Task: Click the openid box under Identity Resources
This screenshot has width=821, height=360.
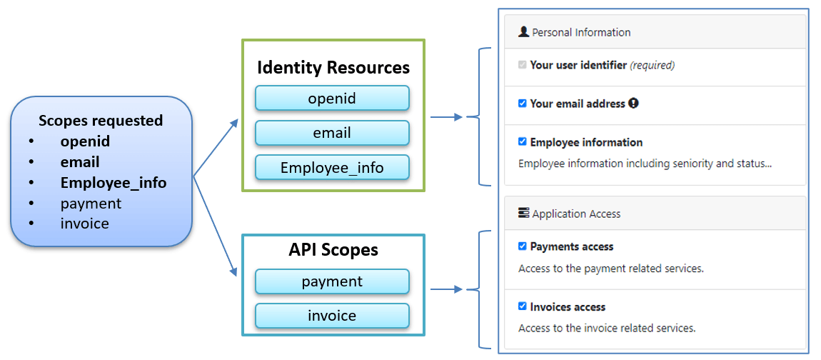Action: point(332,98)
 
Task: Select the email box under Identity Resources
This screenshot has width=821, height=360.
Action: point(332,133)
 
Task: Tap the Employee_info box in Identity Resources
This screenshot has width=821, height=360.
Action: point(332,168)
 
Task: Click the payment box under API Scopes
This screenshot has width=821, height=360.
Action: point(332,281)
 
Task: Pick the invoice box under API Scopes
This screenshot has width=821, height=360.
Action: point(332,316)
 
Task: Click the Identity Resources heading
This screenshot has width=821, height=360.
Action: point(333,68)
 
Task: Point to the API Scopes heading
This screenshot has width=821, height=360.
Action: point(333,250)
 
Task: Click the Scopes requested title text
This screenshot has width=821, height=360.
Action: point(101,121)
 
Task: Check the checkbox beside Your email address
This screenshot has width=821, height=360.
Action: point(523,104)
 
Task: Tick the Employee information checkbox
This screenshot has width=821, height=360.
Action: point(523,142)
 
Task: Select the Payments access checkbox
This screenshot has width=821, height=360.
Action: point(523,246)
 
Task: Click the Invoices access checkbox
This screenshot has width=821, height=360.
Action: point(523,306)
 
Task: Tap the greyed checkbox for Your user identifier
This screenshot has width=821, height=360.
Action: point(523,65)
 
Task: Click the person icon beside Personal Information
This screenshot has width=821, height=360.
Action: point(523,32)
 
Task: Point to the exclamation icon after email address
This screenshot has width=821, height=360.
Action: point(633,104)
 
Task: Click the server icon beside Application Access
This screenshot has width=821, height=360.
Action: point(523,214)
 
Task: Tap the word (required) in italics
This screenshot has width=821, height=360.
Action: point(652,65)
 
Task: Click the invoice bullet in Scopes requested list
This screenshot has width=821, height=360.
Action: point(84,224)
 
